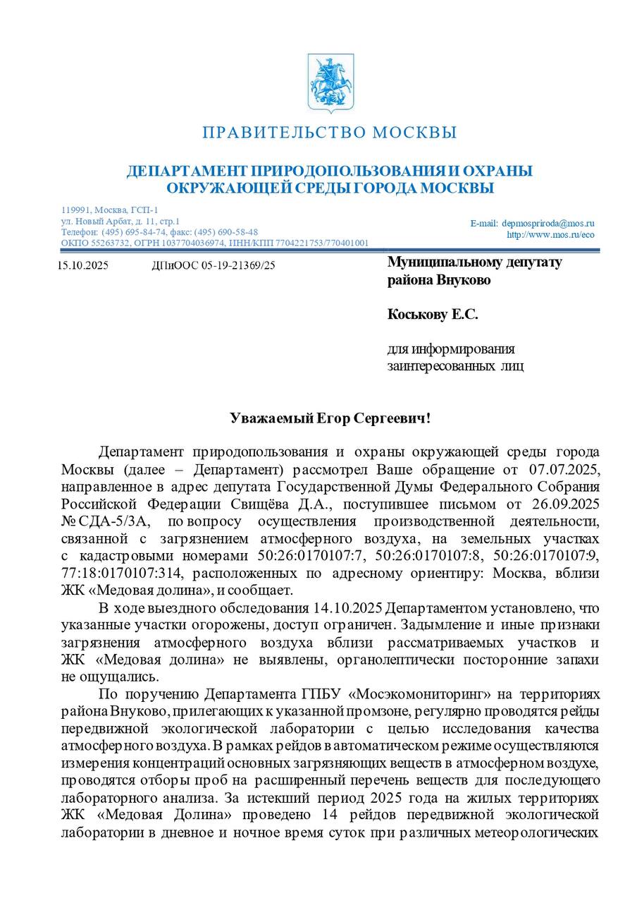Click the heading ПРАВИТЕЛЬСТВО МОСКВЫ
pyautogui.click(x=330, y=133)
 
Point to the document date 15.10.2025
pyautogui.click(x=82, y=266)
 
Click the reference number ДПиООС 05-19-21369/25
pyautogui.click(x=213, y=266)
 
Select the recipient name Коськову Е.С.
pyautogui.click(x=432, y=315)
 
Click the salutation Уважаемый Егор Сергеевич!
pyautogui.click(x=330, y=418)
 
